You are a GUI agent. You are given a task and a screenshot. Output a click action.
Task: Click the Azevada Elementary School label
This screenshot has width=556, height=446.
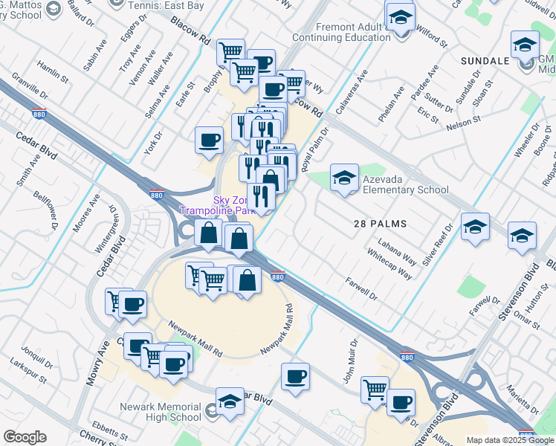pyautogui.click(x=405, y=184)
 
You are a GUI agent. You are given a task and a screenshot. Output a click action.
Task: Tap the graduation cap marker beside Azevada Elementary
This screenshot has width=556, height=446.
pyautogui.click(x=344, y=178)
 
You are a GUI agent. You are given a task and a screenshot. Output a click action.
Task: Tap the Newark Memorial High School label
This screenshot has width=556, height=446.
pyautogui.click(x=161, y=412)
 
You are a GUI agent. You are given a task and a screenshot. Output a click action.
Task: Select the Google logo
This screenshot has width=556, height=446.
pyautogui.click(x=25, y=437)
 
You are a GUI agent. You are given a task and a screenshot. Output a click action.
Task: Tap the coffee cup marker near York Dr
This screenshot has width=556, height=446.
pyautogui.click(x=210, y=139)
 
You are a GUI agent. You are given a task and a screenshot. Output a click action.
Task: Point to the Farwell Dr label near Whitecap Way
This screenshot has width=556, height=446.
pyautogui.click(x=362, y=288)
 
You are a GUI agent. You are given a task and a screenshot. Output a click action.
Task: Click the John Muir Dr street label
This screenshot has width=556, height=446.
pyautogui.click(x=350, y=361)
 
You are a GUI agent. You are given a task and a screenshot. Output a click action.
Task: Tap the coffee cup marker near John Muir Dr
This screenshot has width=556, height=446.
pyautogui.click(x=296, y=376)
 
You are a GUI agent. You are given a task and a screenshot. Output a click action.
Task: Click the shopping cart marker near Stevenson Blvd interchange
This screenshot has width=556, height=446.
pyautogui.click(x=375, y=389)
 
